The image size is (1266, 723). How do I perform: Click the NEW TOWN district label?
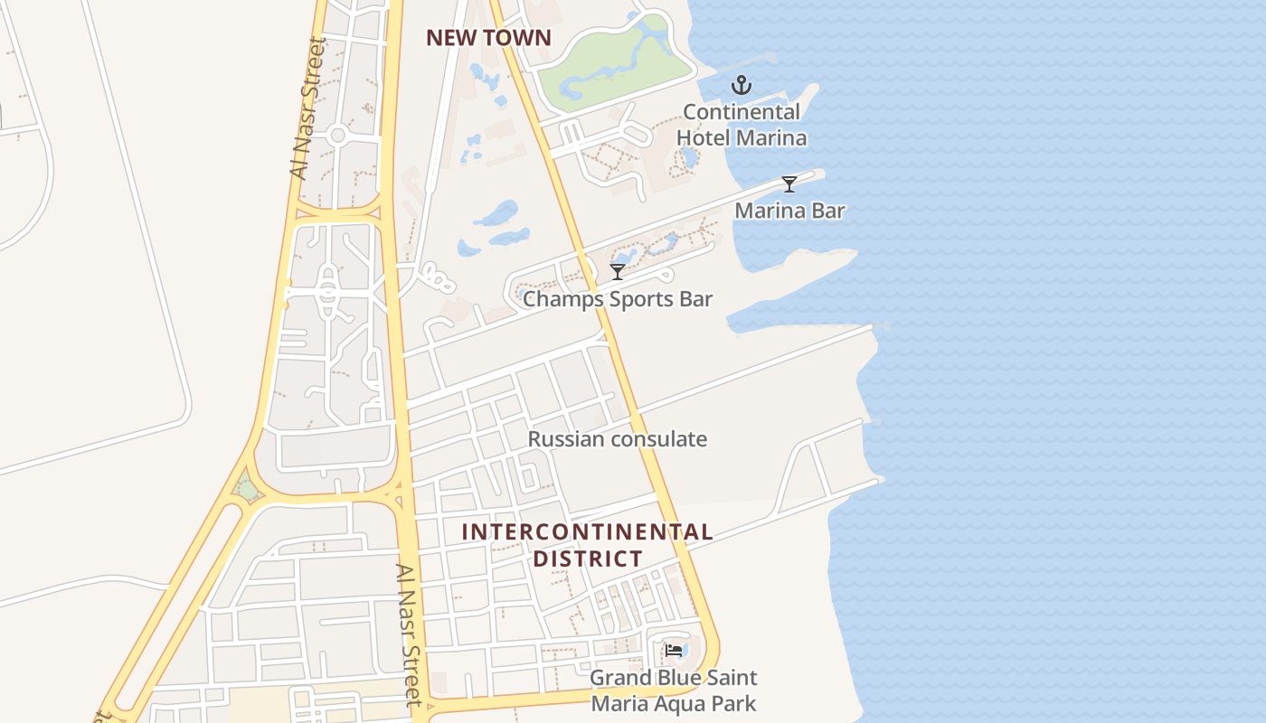coord(488,38)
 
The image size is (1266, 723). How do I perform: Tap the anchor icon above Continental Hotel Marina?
coord(742,86)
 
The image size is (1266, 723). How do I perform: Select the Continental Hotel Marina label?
coord(742,125)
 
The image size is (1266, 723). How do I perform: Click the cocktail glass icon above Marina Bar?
coord(789,184)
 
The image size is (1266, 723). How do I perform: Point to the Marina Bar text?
coord(789,211)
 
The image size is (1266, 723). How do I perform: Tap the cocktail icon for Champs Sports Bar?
coord(618,271)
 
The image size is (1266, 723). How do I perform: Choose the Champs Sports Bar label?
coord(618,298)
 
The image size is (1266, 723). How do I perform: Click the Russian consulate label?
coord(618,439)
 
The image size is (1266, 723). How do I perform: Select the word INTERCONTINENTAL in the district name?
coord(587,532)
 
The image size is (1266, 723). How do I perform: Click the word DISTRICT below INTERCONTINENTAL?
coord(587,559)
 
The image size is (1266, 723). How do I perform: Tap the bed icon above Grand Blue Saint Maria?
coord(674,651)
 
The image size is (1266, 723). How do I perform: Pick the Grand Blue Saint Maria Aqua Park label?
coord(674,690)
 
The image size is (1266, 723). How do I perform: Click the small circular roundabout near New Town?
coord(338,136)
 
